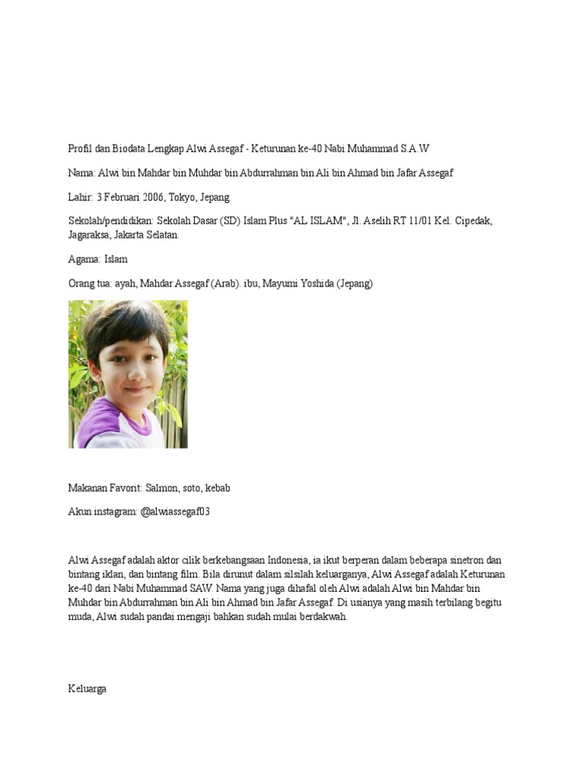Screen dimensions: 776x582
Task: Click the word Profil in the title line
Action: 80,149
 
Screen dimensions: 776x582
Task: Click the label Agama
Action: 81,259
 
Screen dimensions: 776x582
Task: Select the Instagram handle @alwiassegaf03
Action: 174,512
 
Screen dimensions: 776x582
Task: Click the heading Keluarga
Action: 87,689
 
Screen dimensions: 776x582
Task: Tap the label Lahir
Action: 80,197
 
